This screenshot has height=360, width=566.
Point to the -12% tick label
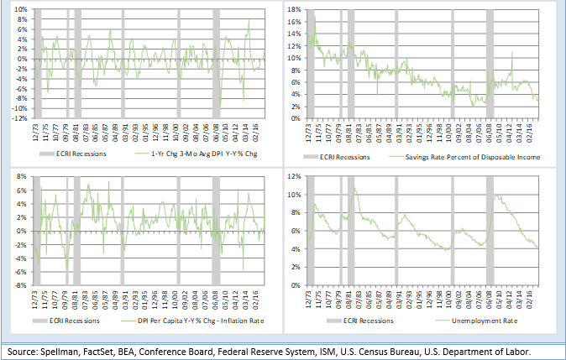click(19, 118)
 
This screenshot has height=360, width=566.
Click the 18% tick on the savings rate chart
click(296, 9)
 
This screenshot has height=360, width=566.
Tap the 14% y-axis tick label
click(296, 34)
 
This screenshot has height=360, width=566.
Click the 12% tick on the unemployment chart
click(296, 177)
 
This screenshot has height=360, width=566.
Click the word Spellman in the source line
click(64, 350)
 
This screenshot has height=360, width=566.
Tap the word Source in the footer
click(23, 350)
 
